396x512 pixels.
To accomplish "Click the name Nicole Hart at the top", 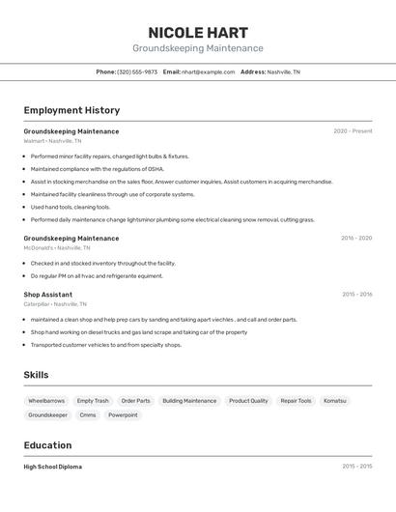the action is pyautogui.click(x=197, y=32).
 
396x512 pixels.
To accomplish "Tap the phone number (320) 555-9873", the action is pyautogui.click(x=136, y=71).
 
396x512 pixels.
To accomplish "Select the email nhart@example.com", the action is pyautogui.click(x=208, y=71).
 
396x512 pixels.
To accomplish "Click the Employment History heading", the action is pyautogui.click(x=71, y=110).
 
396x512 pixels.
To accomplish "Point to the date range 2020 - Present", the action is pyautogui.click(x=353, y=131).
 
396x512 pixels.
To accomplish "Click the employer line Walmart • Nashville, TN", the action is pyautogui.click(x=52, y=141).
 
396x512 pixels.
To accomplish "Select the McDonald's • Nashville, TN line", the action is pyautogui.click(x=57, y=247).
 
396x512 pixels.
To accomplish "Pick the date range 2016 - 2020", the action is pyautogui.click(x=355, y=238).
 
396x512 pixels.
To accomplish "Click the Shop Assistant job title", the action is pyautogui.click(x=47, y=295).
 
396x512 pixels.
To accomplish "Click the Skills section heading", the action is pyautogui.click(x=36, y=375).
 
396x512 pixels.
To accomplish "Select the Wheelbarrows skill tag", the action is pyautogui.click(x=46, y=400).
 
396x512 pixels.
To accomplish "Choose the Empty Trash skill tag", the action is pyautogui.click(x=93, y=400).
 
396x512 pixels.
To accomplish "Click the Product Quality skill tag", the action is pyautogui.click(x=248, y=400).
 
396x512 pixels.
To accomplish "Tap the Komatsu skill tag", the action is pyautogui.click(x=334, y=400).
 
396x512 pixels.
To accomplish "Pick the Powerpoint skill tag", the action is pyautogui.click(x=123, y=415).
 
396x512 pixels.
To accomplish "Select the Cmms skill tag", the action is pyautogui.click(x=88, y=415).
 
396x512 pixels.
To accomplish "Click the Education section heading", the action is pyautogui.click(x=47, y=445).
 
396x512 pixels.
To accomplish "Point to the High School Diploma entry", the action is pyautogui.click(x=52, y=467).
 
